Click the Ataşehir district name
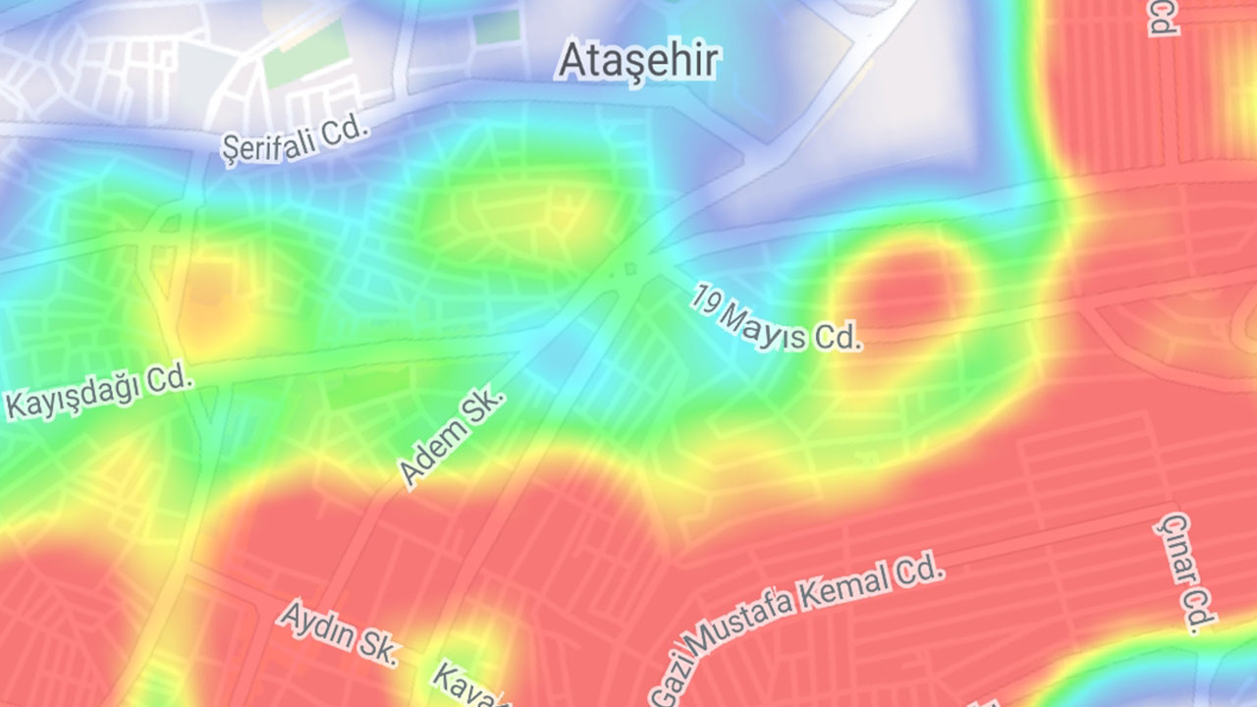(638, 61)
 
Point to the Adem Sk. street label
(453, 436)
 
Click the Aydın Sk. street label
(340, 633)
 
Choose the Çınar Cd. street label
(1186, 571)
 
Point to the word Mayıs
(765, 325)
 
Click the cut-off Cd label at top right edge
(1163, 17)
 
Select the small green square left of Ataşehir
(497, 27)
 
